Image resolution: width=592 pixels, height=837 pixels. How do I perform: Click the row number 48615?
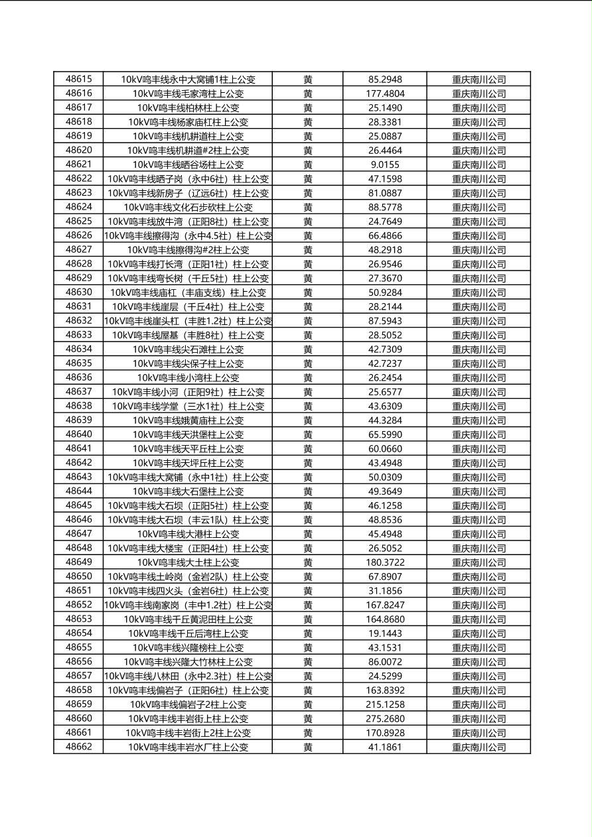click(x=79, y=79)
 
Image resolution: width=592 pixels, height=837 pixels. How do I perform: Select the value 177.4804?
click(x=385, y=94)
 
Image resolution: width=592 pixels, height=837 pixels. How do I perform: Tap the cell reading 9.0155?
click(x=385, y=164)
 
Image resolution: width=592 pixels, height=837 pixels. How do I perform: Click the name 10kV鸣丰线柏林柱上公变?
click(x=188, y=107)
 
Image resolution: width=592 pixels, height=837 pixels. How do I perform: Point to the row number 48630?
click(x=79, y=292)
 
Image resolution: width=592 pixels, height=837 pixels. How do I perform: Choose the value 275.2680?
click(x=385, y=718)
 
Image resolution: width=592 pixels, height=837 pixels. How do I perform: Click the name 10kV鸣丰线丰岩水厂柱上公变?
click(x=188, y=747)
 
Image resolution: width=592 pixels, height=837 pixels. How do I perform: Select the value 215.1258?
click(x=385, y=704)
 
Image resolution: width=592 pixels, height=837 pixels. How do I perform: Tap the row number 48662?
click(x=79, y=747)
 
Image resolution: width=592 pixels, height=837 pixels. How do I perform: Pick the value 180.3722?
click(x=385, y=562)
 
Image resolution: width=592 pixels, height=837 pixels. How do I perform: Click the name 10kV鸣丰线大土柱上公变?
click(x=188, y=562)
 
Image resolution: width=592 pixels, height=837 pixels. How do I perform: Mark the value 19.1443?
click(x=385, y=633)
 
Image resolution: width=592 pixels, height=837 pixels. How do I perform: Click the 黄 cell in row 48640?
click(x=308, y=434)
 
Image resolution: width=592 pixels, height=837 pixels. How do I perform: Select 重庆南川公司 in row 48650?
click(x=479, y=576)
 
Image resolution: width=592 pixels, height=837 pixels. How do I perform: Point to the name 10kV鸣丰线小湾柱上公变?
click(x=188, y=377)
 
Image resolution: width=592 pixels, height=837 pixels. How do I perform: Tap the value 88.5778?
click(x=385, y=207)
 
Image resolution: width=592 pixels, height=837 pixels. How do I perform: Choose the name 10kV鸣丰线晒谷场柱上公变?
click(x=188, y=164)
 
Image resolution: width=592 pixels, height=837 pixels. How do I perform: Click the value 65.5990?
click(x=385, y=434)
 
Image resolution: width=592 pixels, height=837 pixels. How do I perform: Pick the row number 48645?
click(x=79, y=505)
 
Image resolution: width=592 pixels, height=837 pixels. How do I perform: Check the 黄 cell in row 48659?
click(x=308, y=704)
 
